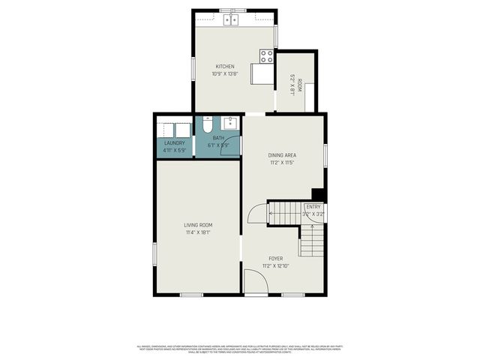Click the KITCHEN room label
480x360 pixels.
[x=225, y=66]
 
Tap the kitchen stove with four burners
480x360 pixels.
[x=266, y=56]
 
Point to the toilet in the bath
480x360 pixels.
[x=208, y=125]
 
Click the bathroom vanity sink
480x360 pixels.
[x=229, y=124]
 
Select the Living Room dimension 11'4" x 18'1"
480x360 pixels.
[x=199, y=232]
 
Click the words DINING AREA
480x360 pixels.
[x=282, y=154]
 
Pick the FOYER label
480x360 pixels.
[x=276, y=258]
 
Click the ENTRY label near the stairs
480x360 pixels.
[x=312, y=206]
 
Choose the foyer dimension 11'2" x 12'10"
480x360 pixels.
[x=276, y=265]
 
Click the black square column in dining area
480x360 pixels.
[x=317, y=193]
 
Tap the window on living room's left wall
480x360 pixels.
[x=155, y=253]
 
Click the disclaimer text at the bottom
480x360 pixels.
[x=240, y=349]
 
